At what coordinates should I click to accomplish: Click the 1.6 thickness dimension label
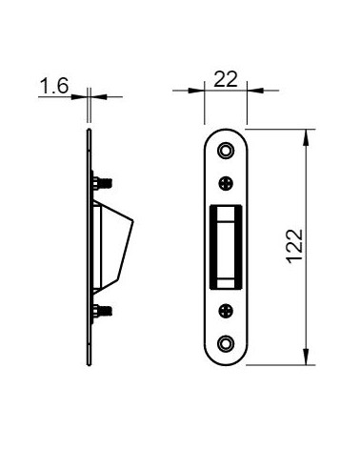pyautogui.click(x=54, y=86)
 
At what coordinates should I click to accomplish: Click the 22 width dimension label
pyautogui.click(x=226, y=79)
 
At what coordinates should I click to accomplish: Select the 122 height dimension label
pyautogui.click(x=294, y=246)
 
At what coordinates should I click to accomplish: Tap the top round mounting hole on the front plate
pyautogui.click(x=226, y=151)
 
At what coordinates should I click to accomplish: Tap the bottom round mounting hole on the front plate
pyautogui.click(x=226, y=343)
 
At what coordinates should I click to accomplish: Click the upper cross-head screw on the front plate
pyautogui.click(x=226, y=183)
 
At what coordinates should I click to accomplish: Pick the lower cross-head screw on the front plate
pyautogui.click(x=226, y=311)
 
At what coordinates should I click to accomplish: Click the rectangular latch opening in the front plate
pyautogui.click(x=226, y=247)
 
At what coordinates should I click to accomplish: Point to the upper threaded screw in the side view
pyautogui.click(x=102, y=183)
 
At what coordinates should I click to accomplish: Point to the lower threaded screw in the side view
pyautogui.click(x=102, y=311)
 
